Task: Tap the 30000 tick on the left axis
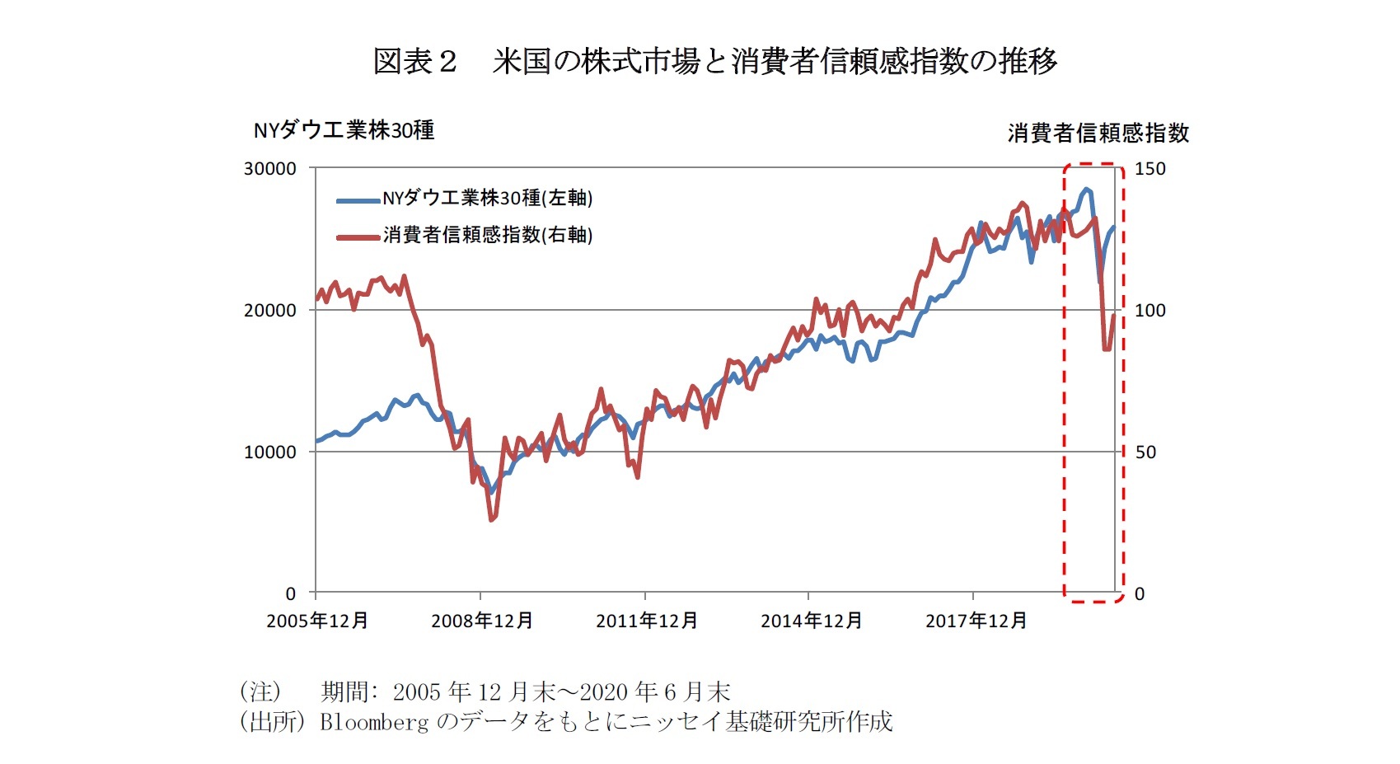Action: [x=269, y=169]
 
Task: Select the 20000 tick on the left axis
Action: [x=269, y=311]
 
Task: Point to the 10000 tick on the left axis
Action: [x=269, y=452]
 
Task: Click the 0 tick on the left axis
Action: [x=290, y=594]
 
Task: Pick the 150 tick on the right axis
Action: [x=1149, y=169]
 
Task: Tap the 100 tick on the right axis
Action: [x=1149, y=311]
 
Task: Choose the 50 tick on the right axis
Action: [x=1145, y=452]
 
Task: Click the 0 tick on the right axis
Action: [x=1140, y=594]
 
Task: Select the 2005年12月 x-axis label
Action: [x=317, y=621]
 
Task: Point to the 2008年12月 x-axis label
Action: [x=481, y=621]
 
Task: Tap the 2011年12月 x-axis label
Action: [x=646, y=621]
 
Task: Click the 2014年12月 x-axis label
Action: [x=811, y=621]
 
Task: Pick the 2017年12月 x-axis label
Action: [x=976, y=621]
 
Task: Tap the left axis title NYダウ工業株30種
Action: [x=344, y=131]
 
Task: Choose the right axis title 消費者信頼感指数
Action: [x=1098, y=134]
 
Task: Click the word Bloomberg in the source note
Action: [x=374, y=722]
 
